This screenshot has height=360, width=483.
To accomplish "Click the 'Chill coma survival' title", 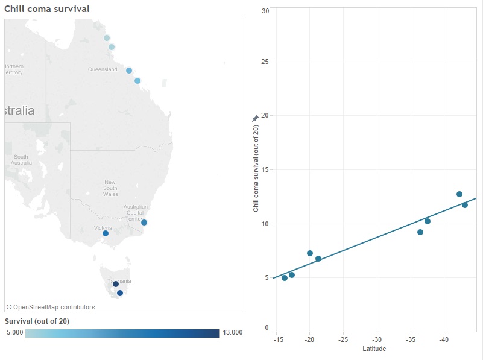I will pyautogui.click(x=47, y=9).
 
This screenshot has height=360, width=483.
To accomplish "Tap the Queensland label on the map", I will pyautogui.click(x=103, y=69).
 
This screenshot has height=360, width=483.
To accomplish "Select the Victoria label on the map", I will pyautogui.click(x=103, y=228).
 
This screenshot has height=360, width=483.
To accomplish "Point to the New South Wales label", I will pyautogui.click(x=110, y=188).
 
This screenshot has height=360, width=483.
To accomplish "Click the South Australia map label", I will pyautogui.click(x=21, y=160).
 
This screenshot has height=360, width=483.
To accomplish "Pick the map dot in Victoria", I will pyautogui.click(x=106, y=233).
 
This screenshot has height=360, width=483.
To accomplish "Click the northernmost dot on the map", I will pyautogui.click(x=107, y=38).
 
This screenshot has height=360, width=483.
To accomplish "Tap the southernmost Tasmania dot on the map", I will pyautogui.click(x=120, y=293).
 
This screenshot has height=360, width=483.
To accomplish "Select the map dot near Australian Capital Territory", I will pyautogui.click(x=144, y=223).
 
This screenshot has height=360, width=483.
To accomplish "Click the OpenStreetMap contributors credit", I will pyautogui.click(x=51, y=307).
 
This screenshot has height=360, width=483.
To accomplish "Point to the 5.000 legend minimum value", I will pyautogui.click(x=14, y=332).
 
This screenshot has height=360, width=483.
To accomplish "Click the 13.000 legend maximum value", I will pyautogui.click(x=232, y=332).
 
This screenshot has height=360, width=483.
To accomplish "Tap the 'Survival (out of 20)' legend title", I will pyautogui.click(x=37, y=321).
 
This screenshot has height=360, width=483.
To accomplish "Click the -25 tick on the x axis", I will pyautogui.click(x=343, y=340).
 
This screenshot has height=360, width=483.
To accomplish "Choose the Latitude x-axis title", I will pyautogui.click(x=374, y=349).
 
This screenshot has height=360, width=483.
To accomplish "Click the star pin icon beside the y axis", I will pyautogui.click(x=255, y=119).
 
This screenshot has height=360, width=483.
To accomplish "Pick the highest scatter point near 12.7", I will pyautogui.click(x=459, y=194).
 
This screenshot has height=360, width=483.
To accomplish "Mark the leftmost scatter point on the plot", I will pyautogui.click(x=285, y=278).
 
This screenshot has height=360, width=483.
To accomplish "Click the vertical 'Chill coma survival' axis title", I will pyautogui.click(x=256, y=169).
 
